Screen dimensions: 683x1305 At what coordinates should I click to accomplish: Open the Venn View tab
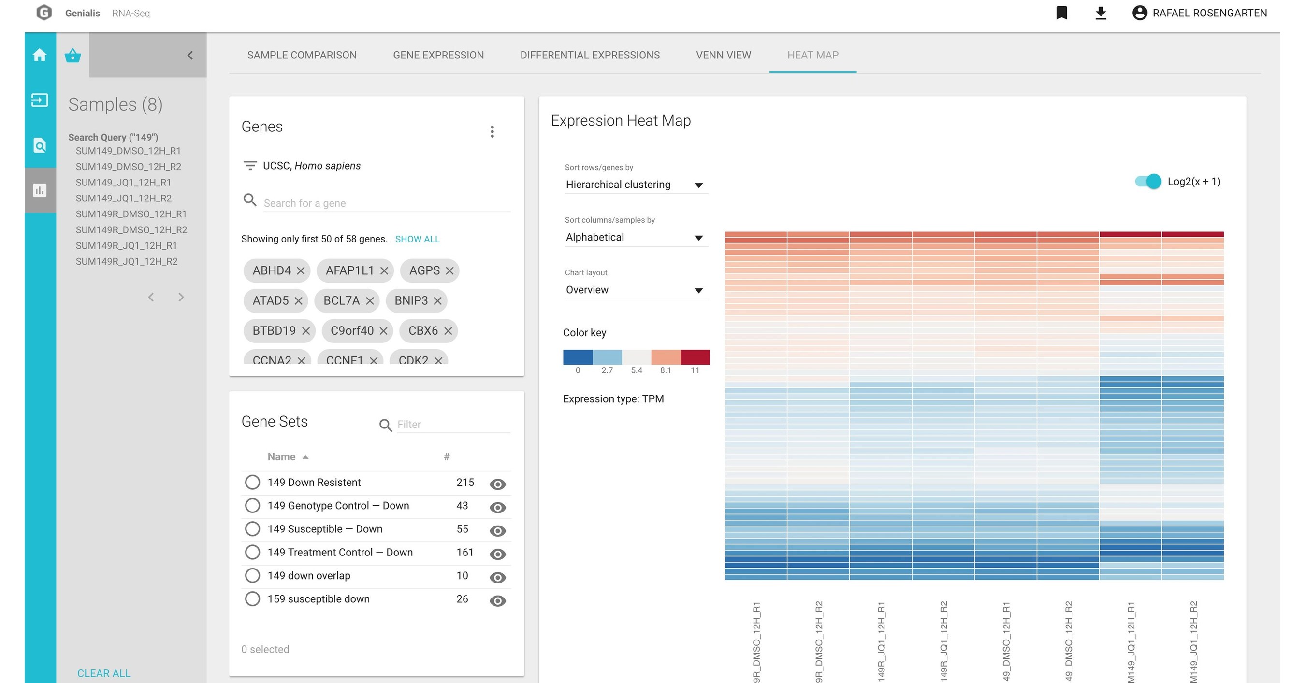[x=723, y=55]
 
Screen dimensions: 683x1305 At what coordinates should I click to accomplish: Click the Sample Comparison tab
[x=302, y=55]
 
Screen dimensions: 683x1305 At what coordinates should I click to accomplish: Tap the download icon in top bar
[x=1101, y=13]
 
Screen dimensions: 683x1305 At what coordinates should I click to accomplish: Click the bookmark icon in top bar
[x=1061, y=13]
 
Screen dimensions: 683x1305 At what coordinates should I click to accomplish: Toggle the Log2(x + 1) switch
[x=1148, y=181]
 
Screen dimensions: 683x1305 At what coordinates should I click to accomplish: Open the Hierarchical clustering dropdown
[x=635, y=185]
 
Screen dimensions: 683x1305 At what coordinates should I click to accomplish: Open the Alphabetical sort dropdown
[x=635, y=238]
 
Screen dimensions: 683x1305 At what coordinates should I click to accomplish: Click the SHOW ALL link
[x=417, y=239]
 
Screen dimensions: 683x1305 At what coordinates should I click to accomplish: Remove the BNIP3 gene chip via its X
[x=438, y=301]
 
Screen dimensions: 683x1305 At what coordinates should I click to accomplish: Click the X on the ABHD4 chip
[x=301, y=271]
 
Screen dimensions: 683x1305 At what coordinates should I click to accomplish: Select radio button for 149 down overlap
[x=252, y=576]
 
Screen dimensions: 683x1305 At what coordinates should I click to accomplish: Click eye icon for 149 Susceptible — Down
[x=497, y=530]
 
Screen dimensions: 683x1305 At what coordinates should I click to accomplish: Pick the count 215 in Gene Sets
[x=464, y=482]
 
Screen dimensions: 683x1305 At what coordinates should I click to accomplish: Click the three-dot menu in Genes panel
[x=492, y=132]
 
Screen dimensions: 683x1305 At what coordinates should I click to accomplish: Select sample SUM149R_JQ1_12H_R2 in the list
[x=126, y=261]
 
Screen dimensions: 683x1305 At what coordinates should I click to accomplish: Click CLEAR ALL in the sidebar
[x=104, y=673]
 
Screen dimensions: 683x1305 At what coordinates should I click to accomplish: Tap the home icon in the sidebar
[x=40, y=55]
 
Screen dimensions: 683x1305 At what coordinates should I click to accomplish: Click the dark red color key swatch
[x=695, y=357]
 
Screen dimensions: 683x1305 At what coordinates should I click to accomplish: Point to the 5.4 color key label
[x=636, y=370]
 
